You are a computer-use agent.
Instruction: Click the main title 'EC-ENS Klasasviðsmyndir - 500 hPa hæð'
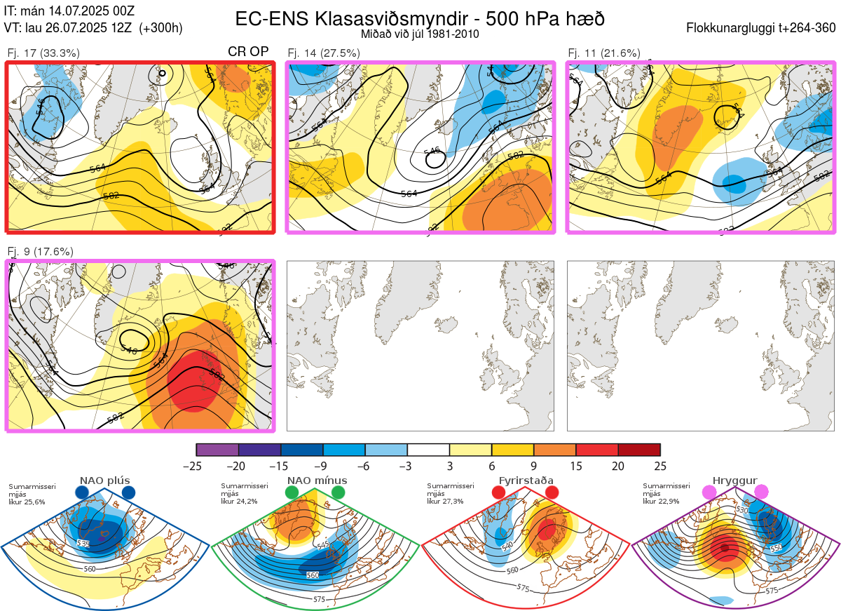tap(420, 19)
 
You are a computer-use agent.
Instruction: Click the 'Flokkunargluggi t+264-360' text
tap(763, 29)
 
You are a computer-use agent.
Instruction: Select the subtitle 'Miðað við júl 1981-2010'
tap(420, 34)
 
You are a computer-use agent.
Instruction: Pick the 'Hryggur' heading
tap(734, 481)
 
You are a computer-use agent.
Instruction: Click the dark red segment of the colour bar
tap(639, 450)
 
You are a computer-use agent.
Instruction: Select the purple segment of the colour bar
tap(217, 450)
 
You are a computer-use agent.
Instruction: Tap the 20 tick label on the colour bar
tap(618, 466)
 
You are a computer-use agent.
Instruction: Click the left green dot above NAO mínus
tap(292, 493)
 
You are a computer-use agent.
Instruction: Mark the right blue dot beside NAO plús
tap(128, 493)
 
